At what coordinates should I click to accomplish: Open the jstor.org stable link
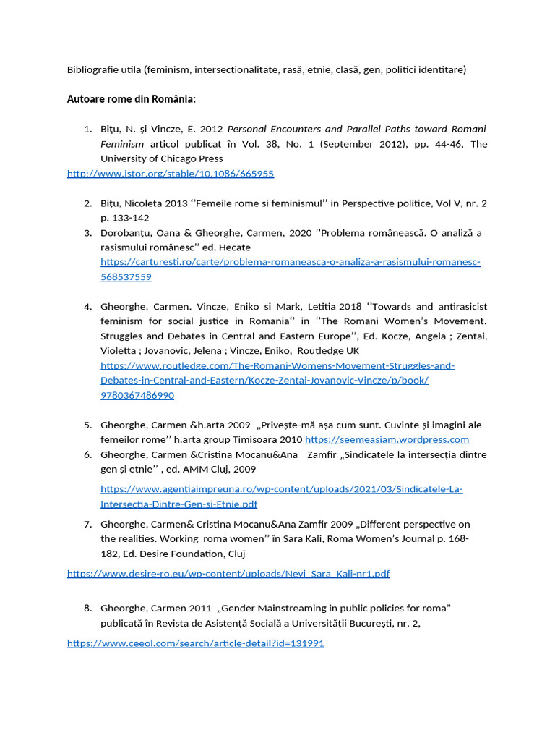[x=171, y=174]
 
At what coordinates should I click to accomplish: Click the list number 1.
[x=87, y=129]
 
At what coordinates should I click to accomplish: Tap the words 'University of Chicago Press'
[x=161, y=158]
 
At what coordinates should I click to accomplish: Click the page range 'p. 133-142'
[x=125, y=218]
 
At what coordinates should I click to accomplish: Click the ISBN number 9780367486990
[x=137, y=395]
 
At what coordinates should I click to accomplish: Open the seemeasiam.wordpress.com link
[x=387, y=439]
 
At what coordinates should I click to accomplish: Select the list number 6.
[x=87, y=454]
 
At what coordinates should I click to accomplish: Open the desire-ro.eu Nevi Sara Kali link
[x=228, y=574]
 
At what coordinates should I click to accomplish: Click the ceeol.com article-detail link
[x=195, y=643]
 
